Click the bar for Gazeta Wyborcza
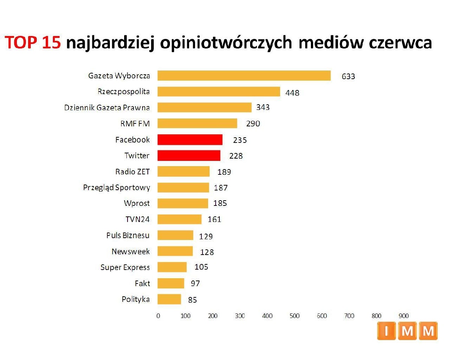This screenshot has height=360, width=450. point(244,76)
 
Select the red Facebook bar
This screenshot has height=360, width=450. point(190,140)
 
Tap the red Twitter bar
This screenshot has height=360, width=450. point(189,156)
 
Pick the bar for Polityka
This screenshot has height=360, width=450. point(169,299)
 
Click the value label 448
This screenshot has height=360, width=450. point(292,93)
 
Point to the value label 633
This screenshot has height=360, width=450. point(348,76)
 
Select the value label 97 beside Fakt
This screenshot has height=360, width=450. point(195,283)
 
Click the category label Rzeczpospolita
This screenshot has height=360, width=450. point(123,91)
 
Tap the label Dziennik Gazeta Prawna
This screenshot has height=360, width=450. point(107,108)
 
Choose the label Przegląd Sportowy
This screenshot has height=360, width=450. point(116,187)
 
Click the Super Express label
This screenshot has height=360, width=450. point(125,267)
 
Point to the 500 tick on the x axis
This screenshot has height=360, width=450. point(295,316)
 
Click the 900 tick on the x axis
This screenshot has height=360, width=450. point(403,316)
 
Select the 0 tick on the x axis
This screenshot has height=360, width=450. point(158,316)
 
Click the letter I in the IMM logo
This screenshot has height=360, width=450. point(386,331)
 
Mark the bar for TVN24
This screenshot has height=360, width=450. point(179,219)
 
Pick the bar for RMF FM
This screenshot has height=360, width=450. point(197,123)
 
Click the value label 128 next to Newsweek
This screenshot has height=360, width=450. point(207,252)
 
